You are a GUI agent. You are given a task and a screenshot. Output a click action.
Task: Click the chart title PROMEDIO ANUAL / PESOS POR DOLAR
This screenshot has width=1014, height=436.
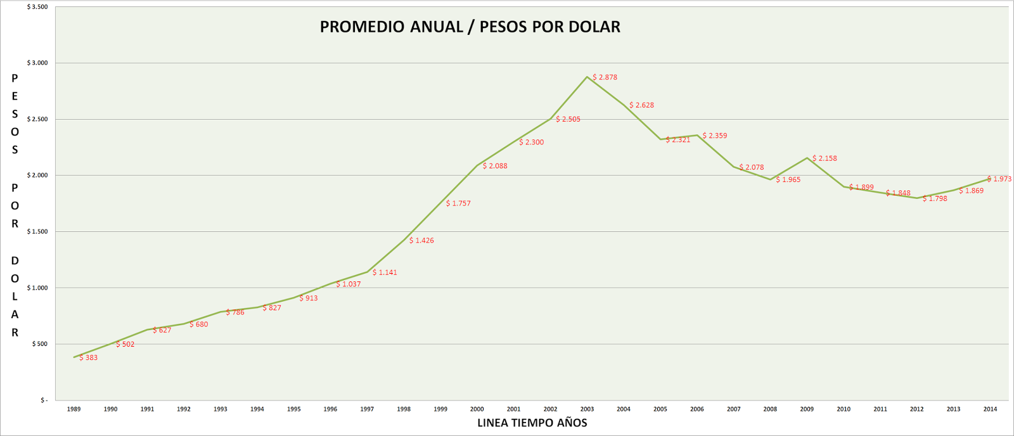tap(470, 27)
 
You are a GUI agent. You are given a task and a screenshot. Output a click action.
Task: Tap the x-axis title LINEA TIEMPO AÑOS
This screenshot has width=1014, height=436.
tap(532, 423)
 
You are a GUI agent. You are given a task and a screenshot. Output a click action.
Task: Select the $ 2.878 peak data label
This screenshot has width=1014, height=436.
tap(605, 77)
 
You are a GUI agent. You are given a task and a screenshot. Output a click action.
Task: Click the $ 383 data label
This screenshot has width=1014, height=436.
tap(89, 358)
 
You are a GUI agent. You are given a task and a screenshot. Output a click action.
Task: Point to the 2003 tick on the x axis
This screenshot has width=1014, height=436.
tap(587, 409)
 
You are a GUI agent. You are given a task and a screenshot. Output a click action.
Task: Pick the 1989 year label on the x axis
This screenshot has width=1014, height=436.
tap(74, 409)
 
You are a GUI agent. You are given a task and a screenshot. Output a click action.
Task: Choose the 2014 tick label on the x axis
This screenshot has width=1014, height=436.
tap(990, 409)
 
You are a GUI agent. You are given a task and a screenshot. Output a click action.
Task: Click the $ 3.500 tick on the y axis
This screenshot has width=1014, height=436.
tap(37, 7)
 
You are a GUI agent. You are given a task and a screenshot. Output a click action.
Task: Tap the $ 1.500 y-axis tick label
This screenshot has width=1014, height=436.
tap(37, 232)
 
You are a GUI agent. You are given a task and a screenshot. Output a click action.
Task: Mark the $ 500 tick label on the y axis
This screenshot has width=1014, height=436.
tap(40, 344)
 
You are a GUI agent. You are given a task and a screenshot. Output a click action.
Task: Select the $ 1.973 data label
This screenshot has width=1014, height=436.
tap(999, 179)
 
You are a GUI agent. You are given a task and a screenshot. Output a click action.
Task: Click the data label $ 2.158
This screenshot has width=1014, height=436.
tap(825, 158)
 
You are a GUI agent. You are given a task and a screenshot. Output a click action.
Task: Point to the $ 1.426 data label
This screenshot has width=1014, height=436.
tap(421, 241)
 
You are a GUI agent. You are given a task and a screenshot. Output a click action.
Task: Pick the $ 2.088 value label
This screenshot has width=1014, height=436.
tap(495, 166)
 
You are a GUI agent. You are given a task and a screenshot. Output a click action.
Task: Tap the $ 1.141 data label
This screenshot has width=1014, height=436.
tap(385, 272)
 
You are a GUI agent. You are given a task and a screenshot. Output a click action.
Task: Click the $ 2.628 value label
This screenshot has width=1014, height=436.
tap(641, 105)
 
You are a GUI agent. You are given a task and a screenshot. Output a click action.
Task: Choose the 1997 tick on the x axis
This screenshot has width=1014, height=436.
tap(367, 409)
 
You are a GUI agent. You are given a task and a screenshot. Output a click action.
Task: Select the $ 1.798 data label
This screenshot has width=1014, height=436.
tap(935, 199)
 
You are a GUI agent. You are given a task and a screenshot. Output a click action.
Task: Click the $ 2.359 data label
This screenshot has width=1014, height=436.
tap(715, 136)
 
